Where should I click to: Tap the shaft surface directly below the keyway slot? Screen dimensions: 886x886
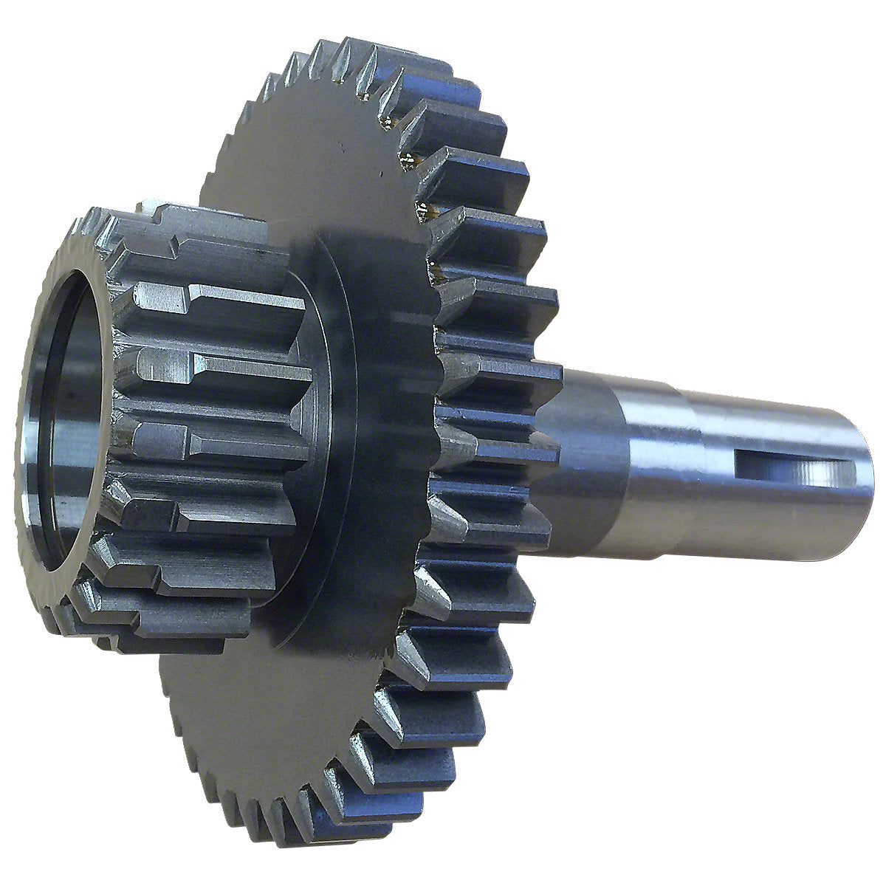(790, 509)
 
